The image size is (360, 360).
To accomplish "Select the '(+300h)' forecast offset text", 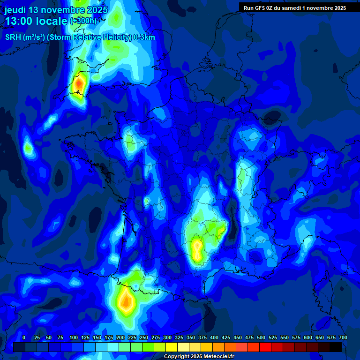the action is click(83, 21).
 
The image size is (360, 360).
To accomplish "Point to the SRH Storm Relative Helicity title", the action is click(80, 37).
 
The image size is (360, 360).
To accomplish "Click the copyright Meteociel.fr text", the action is click(198, 357).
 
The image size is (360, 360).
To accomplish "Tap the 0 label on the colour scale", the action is click(24, 337).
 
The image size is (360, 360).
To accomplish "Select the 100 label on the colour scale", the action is click(74, 337).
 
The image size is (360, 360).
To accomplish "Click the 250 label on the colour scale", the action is click(144, 337).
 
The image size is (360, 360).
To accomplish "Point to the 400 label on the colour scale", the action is click(214, 337).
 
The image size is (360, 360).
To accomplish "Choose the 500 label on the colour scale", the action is click(261, 337).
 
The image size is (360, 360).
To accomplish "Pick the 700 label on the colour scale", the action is click(343, 337).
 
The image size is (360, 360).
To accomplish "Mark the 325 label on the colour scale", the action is click(179, 337).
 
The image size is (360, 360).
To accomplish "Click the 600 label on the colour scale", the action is click(308, 337).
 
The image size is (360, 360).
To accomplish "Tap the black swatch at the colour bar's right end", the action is click(336, 347).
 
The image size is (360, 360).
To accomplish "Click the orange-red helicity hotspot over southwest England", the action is click(79, 84).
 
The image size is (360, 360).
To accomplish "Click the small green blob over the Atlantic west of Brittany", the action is click(28, 149).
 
